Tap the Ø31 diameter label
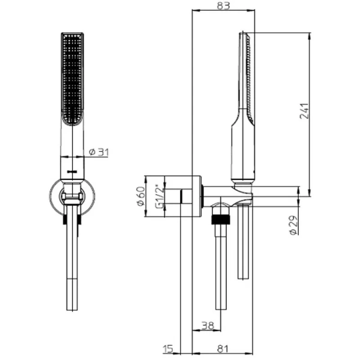tap(98, 152)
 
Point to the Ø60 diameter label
tap(140, 196)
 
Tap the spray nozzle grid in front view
tap(72, 78)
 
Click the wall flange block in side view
tap(182, 197)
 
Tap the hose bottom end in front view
tap(72, 303)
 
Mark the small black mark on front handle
tap(73, 170)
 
